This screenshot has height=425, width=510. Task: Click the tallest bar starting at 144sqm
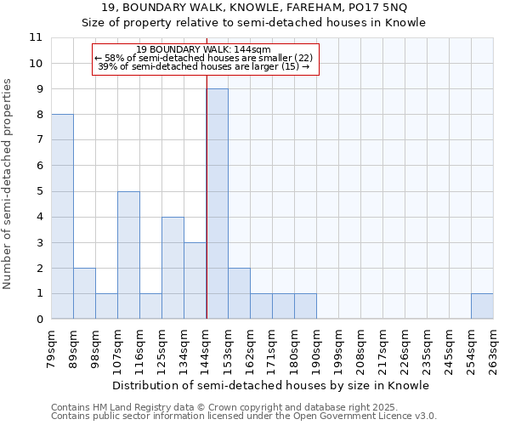217,204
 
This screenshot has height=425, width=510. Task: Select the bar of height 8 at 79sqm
62,217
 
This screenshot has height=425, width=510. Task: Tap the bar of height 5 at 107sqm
128,255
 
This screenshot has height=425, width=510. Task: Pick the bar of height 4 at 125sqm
173,268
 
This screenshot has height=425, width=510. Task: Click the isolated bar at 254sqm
482,307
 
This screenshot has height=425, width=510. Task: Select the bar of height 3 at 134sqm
195,280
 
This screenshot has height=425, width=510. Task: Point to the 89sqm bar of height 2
84,294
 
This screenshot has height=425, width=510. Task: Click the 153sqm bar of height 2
239,294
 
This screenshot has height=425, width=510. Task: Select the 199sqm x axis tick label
338,348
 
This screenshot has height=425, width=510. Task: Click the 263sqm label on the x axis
493,348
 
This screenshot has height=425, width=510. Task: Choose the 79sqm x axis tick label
51,348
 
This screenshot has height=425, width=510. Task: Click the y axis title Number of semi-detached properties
8,183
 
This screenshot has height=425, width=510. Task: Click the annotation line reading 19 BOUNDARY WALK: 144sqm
203,49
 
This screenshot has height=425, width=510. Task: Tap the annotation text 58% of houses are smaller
203,58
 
